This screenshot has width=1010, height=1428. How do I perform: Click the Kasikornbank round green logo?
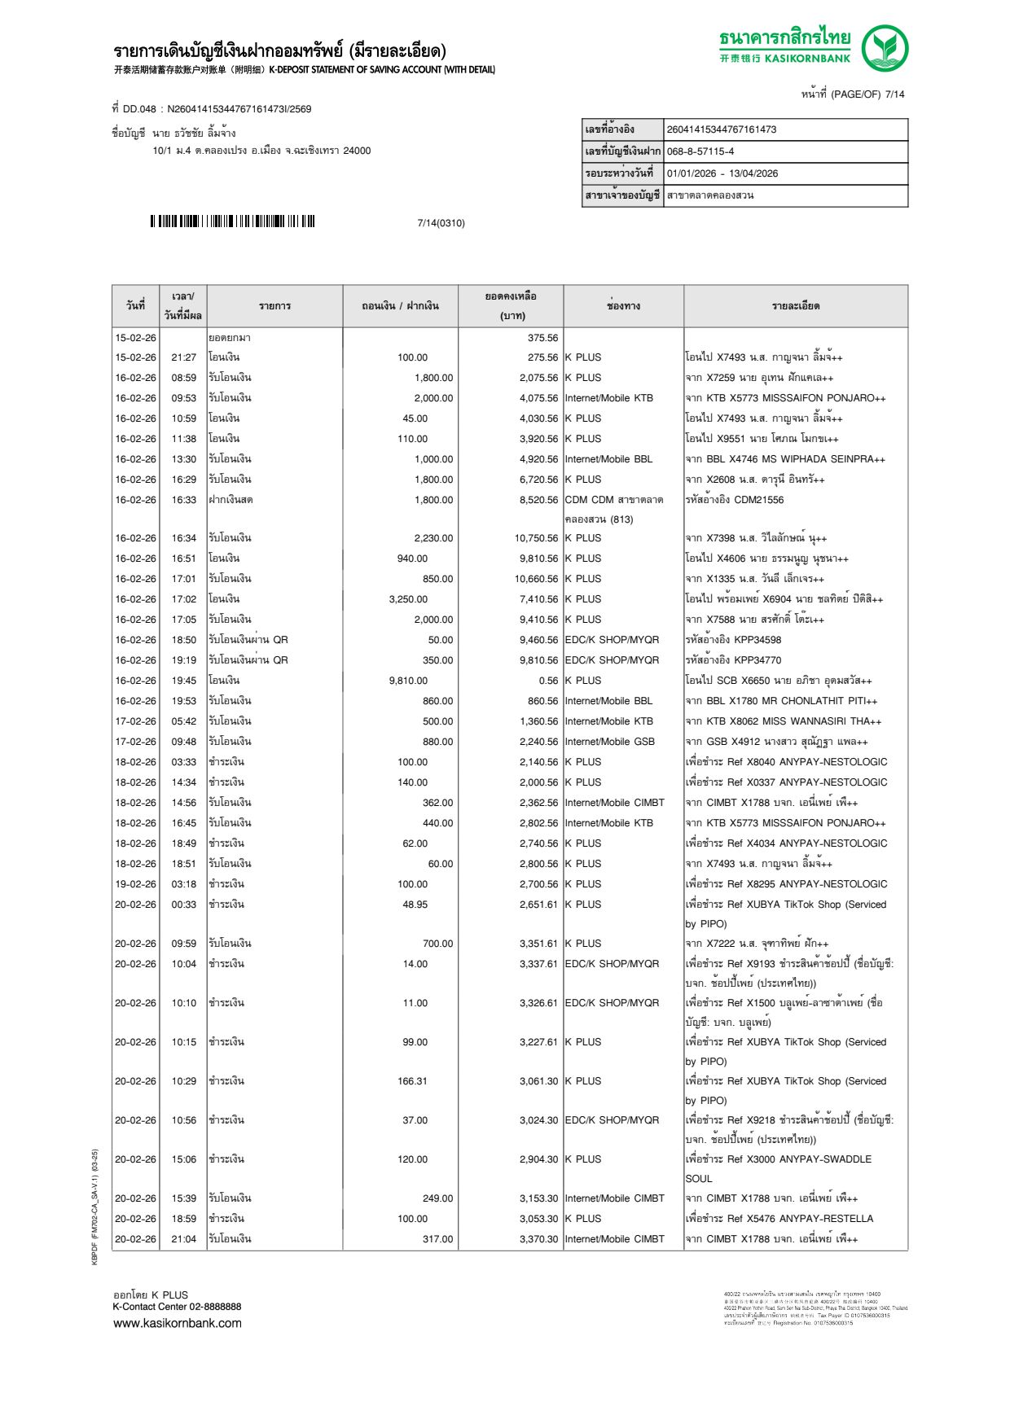(885, 48)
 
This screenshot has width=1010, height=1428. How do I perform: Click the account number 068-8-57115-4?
(700, 151)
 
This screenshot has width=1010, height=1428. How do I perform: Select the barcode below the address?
(232, 221)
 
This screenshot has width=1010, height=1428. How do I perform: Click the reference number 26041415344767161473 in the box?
(721, 129)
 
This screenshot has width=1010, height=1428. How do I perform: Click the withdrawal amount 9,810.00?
(408, 681)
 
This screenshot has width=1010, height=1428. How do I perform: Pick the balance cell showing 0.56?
(548, 681)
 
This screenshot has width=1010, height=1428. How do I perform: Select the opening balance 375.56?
(542, 338)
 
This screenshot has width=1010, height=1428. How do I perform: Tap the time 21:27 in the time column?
(183, 357)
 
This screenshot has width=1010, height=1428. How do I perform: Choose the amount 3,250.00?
(408, 599)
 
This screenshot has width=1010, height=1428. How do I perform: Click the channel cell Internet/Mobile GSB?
(609, 742)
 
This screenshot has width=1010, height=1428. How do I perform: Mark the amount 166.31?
(412, 1081)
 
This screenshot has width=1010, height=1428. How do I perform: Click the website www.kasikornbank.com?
(177, 1323)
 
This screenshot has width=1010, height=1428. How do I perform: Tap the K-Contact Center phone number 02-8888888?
(215, 1307)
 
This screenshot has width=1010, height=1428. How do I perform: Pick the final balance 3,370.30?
(538, 1239)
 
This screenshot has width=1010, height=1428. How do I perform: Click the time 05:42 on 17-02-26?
(183, 721)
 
